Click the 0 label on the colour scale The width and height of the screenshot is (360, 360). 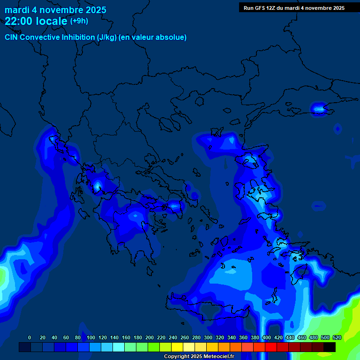[x=30, y=337]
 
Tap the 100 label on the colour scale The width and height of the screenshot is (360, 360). [x=91, y=337]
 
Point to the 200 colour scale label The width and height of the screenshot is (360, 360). [x=150, y=337]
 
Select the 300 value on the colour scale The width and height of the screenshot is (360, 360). [x=208, y=337]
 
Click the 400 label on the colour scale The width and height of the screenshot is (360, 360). [x=267, y=337]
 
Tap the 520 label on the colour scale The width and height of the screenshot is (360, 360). [x=337, y=337]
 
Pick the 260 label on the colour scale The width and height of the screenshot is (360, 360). [x=185, y=337]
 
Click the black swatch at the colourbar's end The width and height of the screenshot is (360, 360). [x=330, y=347]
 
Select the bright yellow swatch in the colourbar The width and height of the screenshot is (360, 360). [x=177, y=347]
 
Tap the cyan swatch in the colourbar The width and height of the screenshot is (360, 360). [x=119, y=347]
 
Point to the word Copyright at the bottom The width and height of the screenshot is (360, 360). [x=177, y=357]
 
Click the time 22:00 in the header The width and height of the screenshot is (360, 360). [x=19, y=21]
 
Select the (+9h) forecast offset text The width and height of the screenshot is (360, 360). [x=79, y=21]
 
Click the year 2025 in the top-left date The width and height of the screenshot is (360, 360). [x=94, y=10]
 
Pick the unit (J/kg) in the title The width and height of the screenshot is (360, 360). [x=110, y=37]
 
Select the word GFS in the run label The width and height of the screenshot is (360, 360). [x=258, y=8]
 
